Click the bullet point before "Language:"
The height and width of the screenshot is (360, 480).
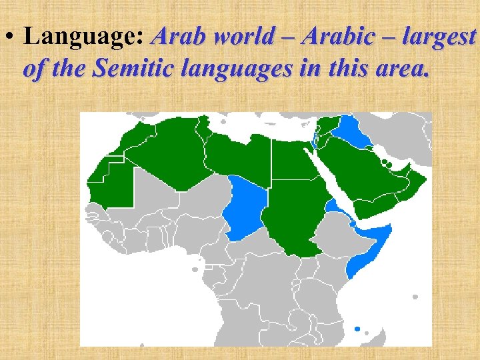9,37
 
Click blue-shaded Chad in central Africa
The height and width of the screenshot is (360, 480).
245,207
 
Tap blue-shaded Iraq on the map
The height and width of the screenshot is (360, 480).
352,131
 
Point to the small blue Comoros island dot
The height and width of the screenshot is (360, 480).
357,329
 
